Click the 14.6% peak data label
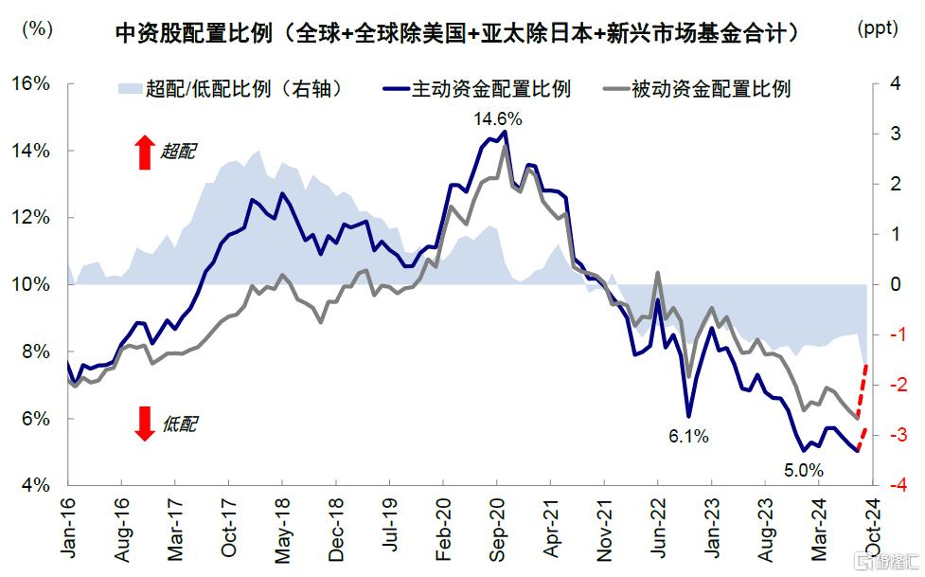[498, 119]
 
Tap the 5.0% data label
[803, 468]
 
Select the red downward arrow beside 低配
[144, 423]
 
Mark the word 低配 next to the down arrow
[179, 424]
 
